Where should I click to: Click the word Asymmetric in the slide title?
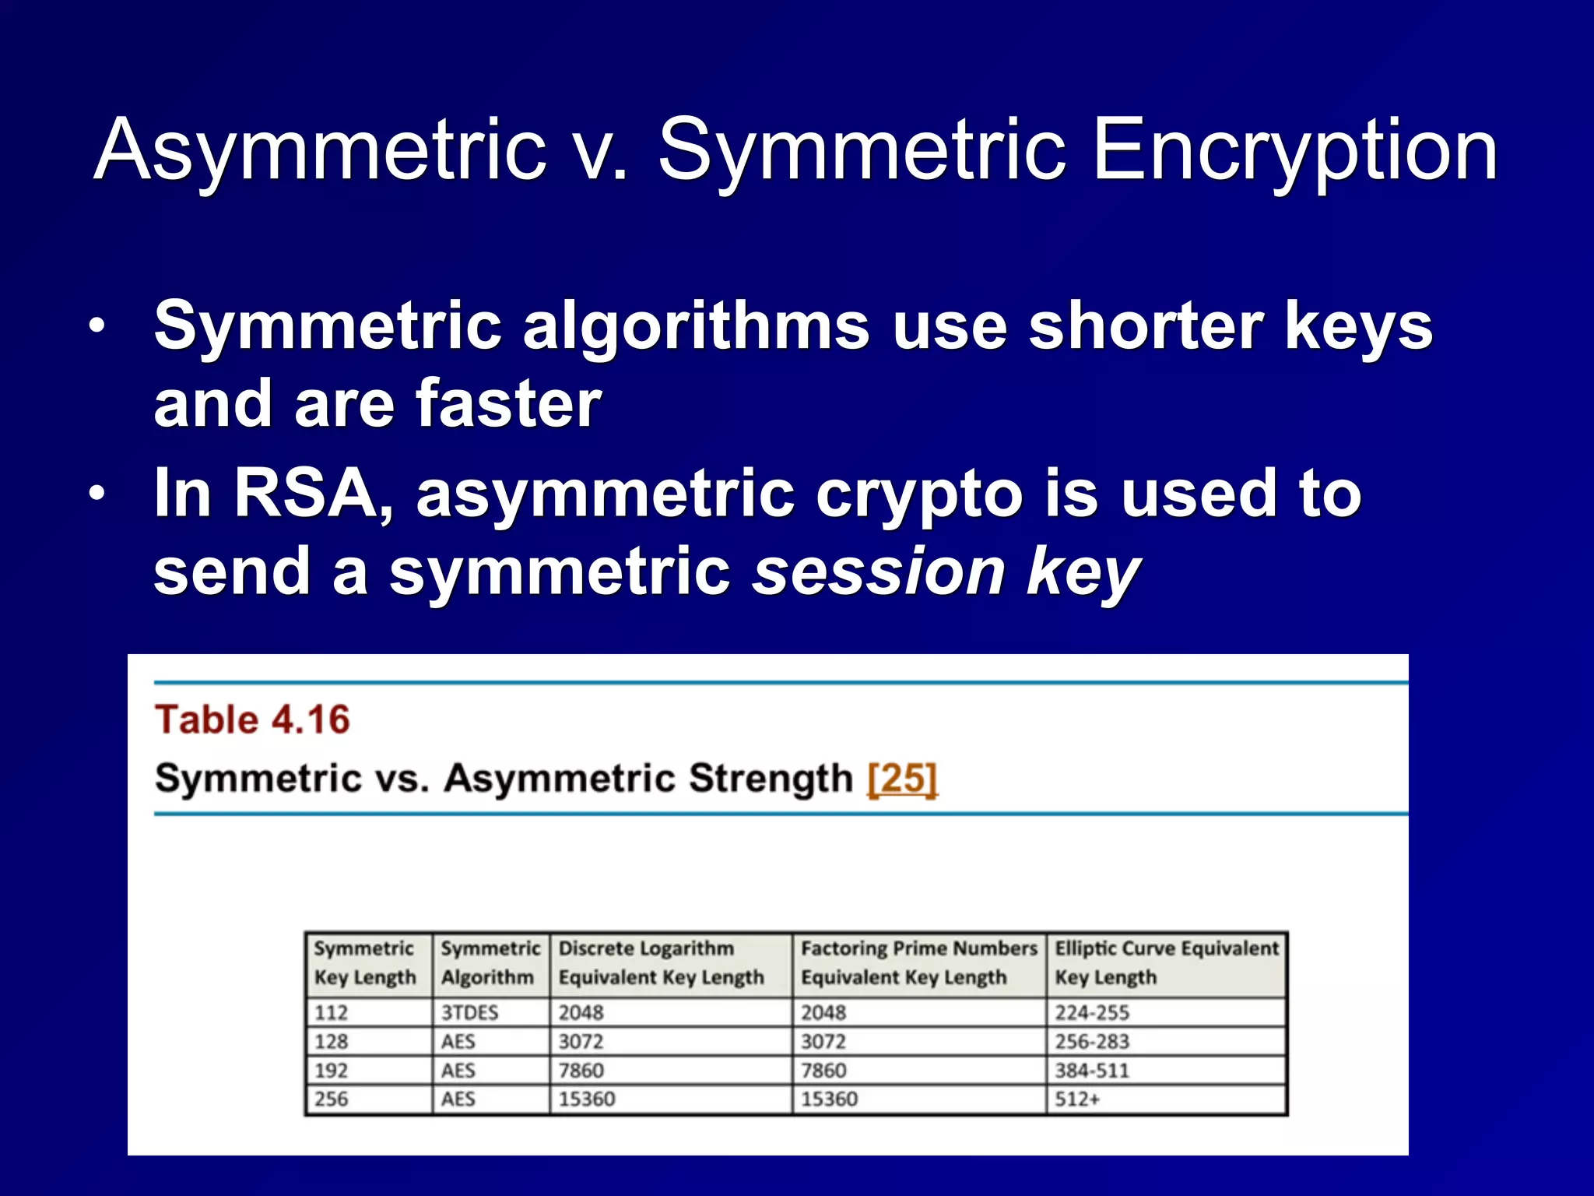coord(320,150)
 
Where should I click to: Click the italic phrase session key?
coord(946,572)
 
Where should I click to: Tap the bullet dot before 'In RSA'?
coord(96,494)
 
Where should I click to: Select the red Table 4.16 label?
coord(252,719)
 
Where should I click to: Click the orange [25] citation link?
coord(902,778)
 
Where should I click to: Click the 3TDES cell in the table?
coord(469,1012)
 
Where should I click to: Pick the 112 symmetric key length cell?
coord(332,1012)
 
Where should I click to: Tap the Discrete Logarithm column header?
coord(661,962)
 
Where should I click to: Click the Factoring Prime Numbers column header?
coord(918,962)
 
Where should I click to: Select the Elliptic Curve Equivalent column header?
coord(1166,962)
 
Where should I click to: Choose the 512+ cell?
coord(1077,1099)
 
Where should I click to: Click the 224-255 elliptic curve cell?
coord(1092,1012)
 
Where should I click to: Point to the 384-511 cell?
coord(1092,1070)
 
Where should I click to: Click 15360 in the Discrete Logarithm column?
coord(587,1099)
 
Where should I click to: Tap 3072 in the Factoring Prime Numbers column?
coord(823,1041)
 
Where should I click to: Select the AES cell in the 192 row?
coord(458,1070)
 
